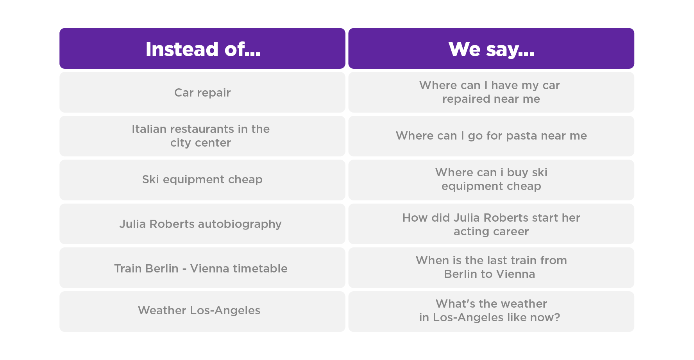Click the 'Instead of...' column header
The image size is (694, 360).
click(202, 48)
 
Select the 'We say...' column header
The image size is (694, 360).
click(491, 48)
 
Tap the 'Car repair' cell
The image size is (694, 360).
click(202, 92)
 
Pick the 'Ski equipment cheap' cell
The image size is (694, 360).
click(202, 180)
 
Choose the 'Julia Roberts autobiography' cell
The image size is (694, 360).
click(202, 224)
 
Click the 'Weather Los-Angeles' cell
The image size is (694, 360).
click(202, 312)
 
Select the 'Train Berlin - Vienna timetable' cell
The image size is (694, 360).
click(202, 268)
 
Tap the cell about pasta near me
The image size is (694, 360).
click(491, 136)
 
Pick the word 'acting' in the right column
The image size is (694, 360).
click(469, 232)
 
